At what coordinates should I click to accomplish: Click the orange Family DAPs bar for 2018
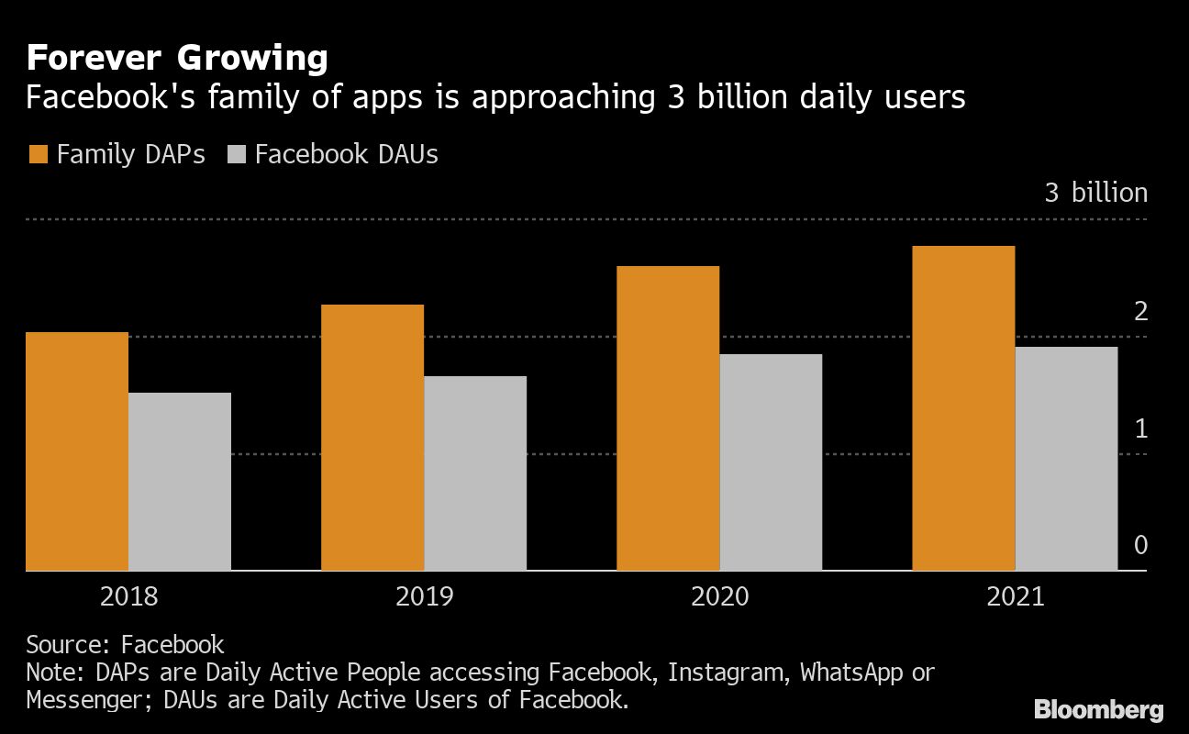77,451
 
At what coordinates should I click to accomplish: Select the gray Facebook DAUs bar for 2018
180,482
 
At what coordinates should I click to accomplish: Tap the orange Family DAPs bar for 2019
372,438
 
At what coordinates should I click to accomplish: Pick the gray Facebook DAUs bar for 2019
475,473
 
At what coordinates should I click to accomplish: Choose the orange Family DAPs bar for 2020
668,418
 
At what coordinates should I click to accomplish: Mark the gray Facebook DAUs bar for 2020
771,462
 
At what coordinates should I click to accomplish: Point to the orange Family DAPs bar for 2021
963,408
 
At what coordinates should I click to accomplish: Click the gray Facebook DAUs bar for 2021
1066,459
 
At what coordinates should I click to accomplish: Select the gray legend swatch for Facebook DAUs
236,154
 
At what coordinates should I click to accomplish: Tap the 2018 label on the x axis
128,597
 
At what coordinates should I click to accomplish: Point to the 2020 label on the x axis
719,597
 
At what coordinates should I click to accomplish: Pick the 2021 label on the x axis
1015,597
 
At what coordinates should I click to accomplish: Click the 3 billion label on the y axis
1095,193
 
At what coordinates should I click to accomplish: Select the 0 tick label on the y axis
1140,546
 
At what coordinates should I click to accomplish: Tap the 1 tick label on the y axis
1140,428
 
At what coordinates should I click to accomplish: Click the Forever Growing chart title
176,59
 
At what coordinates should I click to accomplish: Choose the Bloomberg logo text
1098,709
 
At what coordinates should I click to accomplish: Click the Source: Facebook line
125,644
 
